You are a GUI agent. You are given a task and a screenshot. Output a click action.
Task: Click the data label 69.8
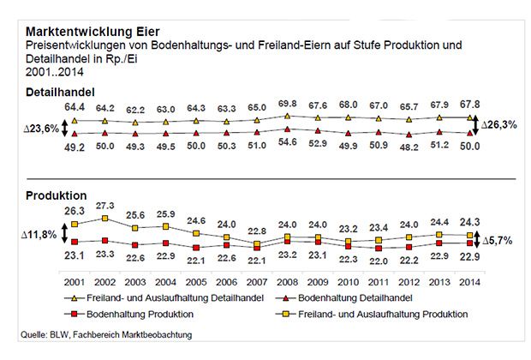tap(288, 104)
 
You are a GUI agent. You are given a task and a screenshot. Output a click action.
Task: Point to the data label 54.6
tap(288, 145)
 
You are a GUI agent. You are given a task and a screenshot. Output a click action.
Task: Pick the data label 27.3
tap(105, 207)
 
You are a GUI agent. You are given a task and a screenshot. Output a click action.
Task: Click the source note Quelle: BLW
tap(100, 333)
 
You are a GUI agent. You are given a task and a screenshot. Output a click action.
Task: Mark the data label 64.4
tap(75, 105)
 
